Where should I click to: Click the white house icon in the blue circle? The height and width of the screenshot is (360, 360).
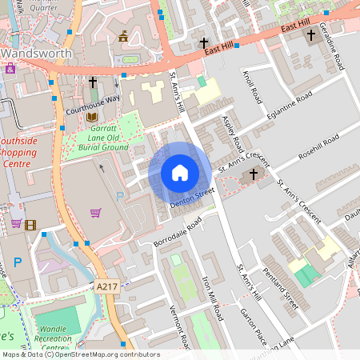tap(180, 172)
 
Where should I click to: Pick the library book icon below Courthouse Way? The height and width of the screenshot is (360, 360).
tap(92, 117)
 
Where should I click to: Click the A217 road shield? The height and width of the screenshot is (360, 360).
tap(106, 286)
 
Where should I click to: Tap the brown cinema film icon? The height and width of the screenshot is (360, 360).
tap(30, 225)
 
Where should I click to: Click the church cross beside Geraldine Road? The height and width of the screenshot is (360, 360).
tap(310, 35)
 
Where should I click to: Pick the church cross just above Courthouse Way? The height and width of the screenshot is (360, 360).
tap(92, 82)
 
